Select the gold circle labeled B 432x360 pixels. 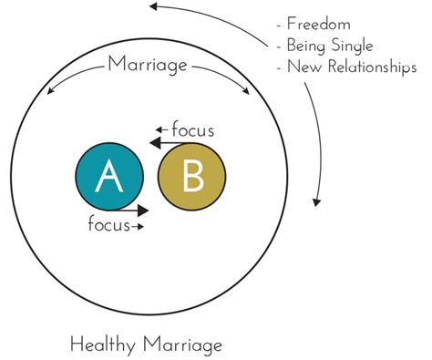pyautogui.click(x=192, y=177)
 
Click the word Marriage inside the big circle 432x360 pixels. pyautogui.click(x=149, y=64)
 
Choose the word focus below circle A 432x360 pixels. pyautogui.click(x=109, y=225)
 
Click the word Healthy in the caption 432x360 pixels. pyautogui.click(x=102, y=344)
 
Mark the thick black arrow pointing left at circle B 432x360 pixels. pyautogui.click(x=166, y=143)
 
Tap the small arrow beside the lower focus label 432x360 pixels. pyautogui.click(x=139, y=225)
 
